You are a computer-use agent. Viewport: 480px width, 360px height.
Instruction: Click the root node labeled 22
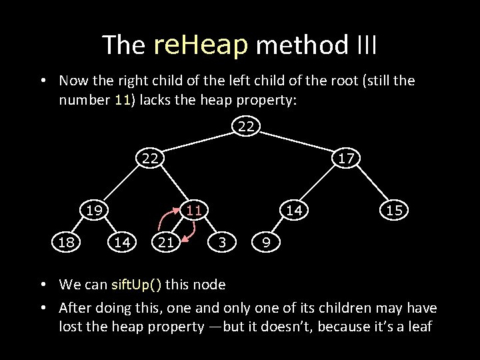(x=246, y=126)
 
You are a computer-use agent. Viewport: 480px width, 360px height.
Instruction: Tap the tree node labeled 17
(x=345, y=158)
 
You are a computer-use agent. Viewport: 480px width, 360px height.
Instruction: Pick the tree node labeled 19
(x=93, y=210)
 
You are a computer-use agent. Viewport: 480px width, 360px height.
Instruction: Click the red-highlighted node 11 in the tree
(x=193, y=210)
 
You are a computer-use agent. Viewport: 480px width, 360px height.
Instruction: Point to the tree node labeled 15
(x=393, y=210)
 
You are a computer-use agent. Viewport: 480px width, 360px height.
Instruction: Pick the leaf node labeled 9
(x=266, y=243)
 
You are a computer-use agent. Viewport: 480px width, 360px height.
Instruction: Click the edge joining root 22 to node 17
(x=296, y=142)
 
